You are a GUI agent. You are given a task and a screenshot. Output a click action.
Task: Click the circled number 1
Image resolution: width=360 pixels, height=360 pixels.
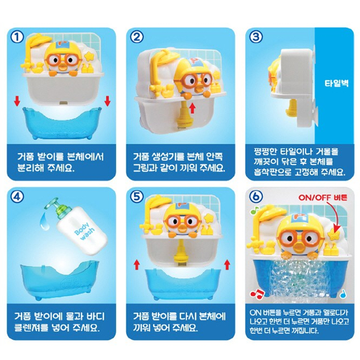click(x=17, y=37)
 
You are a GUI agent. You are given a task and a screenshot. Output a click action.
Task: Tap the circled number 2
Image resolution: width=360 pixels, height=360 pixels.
click(x=137, y=37)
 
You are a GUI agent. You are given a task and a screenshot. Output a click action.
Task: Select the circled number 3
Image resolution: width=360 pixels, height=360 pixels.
click(x=256, y=37)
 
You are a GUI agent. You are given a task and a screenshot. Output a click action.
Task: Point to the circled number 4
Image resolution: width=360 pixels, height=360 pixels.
click(x=17, y=197)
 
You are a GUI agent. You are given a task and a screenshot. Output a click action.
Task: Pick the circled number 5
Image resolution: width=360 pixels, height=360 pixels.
click(x=137, y=197)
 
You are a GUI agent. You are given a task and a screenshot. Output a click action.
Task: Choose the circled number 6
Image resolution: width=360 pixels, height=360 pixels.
click(x=256, y=197)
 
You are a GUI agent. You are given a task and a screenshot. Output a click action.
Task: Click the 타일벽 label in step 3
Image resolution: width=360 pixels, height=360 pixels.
click(x=336, y=83)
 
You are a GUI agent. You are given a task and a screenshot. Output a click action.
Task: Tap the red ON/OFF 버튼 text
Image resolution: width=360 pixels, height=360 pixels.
click(x=323, y=197)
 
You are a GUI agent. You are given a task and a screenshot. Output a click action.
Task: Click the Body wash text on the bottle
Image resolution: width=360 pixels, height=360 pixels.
click(x=84, y=231)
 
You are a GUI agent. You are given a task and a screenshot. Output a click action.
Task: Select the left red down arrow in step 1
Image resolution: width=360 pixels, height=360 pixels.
click(x=17, y=101)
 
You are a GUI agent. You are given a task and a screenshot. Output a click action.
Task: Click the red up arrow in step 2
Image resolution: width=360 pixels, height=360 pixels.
click(x=192, y=108)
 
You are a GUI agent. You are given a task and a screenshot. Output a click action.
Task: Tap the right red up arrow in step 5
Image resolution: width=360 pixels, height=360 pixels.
click(x=228, y=264)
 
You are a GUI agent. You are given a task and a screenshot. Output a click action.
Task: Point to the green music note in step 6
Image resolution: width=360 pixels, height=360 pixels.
click(x=255, y=210)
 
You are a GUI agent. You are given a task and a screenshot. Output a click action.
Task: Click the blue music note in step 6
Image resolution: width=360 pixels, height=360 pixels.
click(x=343, y=293)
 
